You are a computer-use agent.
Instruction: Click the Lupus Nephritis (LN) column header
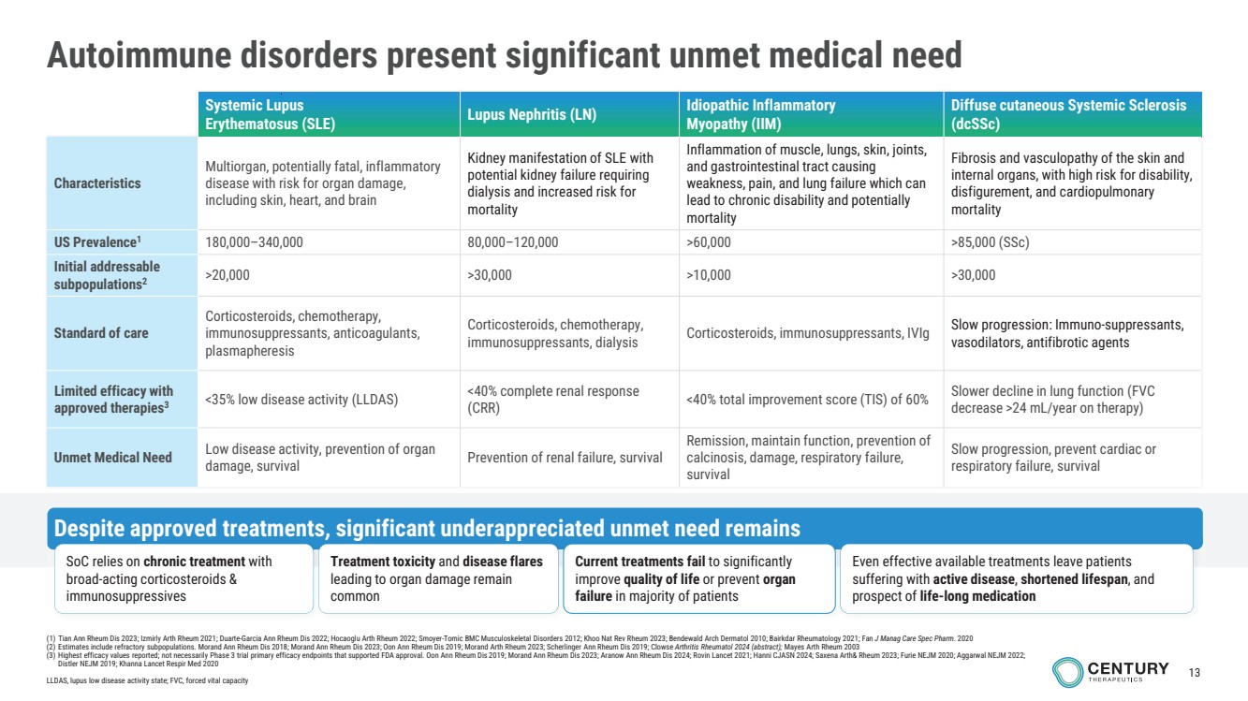click(532, 114)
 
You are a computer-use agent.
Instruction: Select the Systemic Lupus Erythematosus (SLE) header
click(271, 114)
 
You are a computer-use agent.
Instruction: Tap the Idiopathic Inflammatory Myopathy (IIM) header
click(760, 114)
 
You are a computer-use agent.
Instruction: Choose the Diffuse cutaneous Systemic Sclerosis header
click(1068, 114)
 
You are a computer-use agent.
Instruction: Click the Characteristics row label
click(97, 183)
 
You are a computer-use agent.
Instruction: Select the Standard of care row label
click(101, 333)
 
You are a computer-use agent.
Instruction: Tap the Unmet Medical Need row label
click(113, 458)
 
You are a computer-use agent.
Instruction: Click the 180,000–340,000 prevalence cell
click(254, 242)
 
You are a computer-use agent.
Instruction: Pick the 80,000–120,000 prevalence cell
click(513, 242)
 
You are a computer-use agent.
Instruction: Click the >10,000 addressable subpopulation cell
click(709, 275)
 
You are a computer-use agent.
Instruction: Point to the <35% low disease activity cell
click(301, 400)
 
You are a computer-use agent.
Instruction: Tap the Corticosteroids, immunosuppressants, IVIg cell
click(807, 333)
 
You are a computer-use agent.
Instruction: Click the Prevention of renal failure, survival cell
click(565, 458)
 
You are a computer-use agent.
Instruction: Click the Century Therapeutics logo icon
click(1067, 671)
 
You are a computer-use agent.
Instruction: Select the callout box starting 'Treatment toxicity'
click(437, 578)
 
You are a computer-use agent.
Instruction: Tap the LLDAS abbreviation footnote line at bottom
click(147, 680)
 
